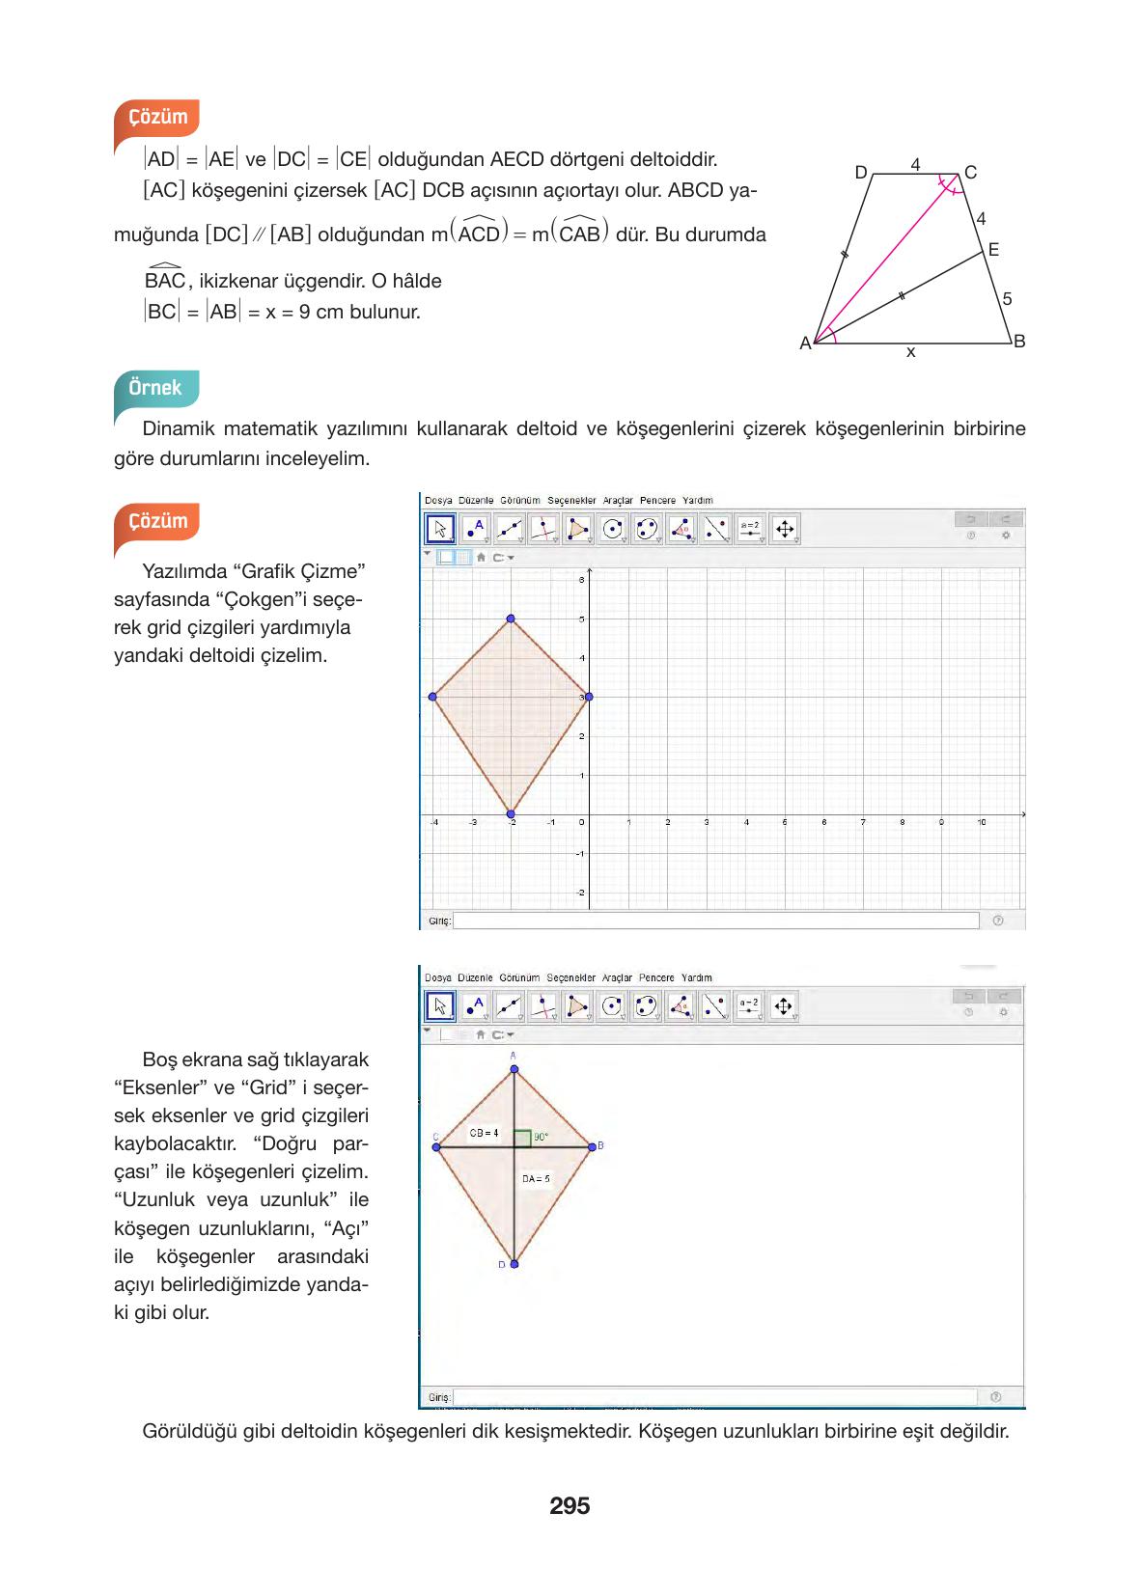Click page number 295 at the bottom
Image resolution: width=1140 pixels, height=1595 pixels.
click(570, 1505)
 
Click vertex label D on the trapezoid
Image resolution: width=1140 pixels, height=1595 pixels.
click(861, 173)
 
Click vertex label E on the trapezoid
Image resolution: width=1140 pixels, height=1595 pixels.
click(993, 250)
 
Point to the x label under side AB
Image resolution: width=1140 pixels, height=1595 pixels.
click(910, 353)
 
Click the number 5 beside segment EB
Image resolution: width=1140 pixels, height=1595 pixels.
click(1007, 299)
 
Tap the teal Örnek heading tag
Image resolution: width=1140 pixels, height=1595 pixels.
click(155, 388)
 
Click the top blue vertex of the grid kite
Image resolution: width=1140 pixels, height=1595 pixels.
click(511, 619)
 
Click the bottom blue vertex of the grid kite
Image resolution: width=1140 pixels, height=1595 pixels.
click(511, 814)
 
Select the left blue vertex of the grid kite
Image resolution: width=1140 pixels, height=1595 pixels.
click(432, 697)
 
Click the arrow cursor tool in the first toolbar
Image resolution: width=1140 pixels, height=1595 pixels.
click(440, 529)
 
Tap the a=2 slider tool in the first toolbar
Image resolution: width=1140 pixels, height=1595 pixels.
click(750, 529)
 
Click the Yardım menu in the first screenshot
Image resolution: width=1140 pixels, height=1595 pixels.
click(697, 500)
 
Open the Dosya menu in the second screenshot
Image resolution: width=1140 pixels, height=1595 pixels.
click(437, 977)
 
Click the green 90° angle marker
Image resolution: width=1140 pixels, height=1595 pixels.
click(522, 1138)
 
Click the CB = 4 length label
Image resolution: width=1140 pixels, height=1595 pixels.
click(484, 1133)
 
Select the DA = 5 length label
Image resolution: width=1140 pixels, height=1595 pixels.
click(536, 1178)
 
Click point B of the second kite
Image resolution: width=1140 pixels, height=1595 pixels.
click(592, 1146)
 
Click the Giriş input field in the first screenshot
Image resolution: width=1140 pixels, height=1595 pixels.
click(715, 921)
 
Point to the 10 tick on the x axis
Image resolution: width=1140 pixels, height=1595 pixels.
click(981, 822)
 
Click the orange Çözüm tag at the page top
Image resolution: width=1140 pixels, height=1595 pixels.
click(157, 117)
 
